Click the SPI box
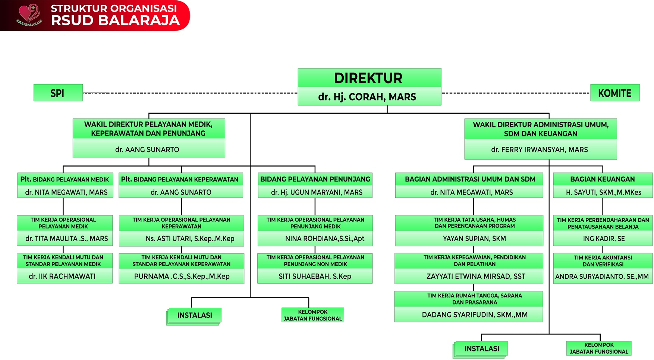tap(58, 93)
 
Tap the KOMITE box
tap(614, 93)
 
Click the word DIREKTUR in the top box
tap(368, 78)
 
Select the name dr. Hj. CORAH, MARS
tap(367, 97)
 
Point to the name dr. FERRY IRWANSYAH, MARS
tap(539, 150)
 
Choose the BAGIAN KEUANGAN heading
tap(602, 179)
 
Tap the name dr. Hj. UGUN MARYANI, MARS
tap(317, 192)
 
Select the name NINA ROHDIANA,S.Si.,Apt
tap(324, 239)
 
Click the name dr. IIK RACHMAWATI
tap(62, 277)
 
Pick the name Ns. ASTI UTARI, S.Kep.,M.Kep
tap(190, 239)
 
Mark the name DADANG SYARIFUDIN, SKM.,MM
tap(474, 315)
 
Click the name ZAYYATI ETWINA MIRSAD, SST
tap(476, 277)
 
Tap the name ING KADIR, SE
tap(604, 239)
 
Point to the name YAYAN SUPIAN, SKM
tap(474, 239)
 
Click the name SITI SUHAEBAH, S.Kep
tap(315, 277)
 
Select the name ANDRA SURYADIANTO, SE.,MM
tap(602, 277)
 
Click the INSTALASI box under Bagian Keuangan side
tap(481, 349)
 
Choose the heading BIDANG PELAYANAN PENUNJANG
tap(315, 179)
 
